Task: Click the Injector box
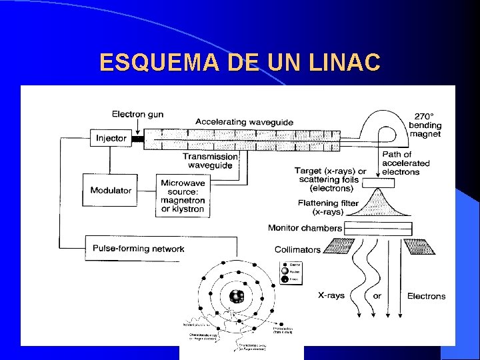point(111,139)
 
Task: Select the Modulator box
point(111,191)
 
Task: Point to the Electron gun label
point(137,114)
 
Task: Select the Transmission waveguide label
point(211,161)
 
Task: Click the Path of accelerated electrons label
point(405,163)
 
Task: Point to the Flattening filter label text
point(328,207)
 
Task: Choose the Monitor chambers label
point(305,228)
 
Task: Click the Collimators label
point(297,250)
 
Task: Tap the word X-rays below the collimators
point(331,295)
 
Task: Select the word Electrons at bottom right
point(426,296)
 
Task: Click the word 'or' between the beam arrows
point(377,295)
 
